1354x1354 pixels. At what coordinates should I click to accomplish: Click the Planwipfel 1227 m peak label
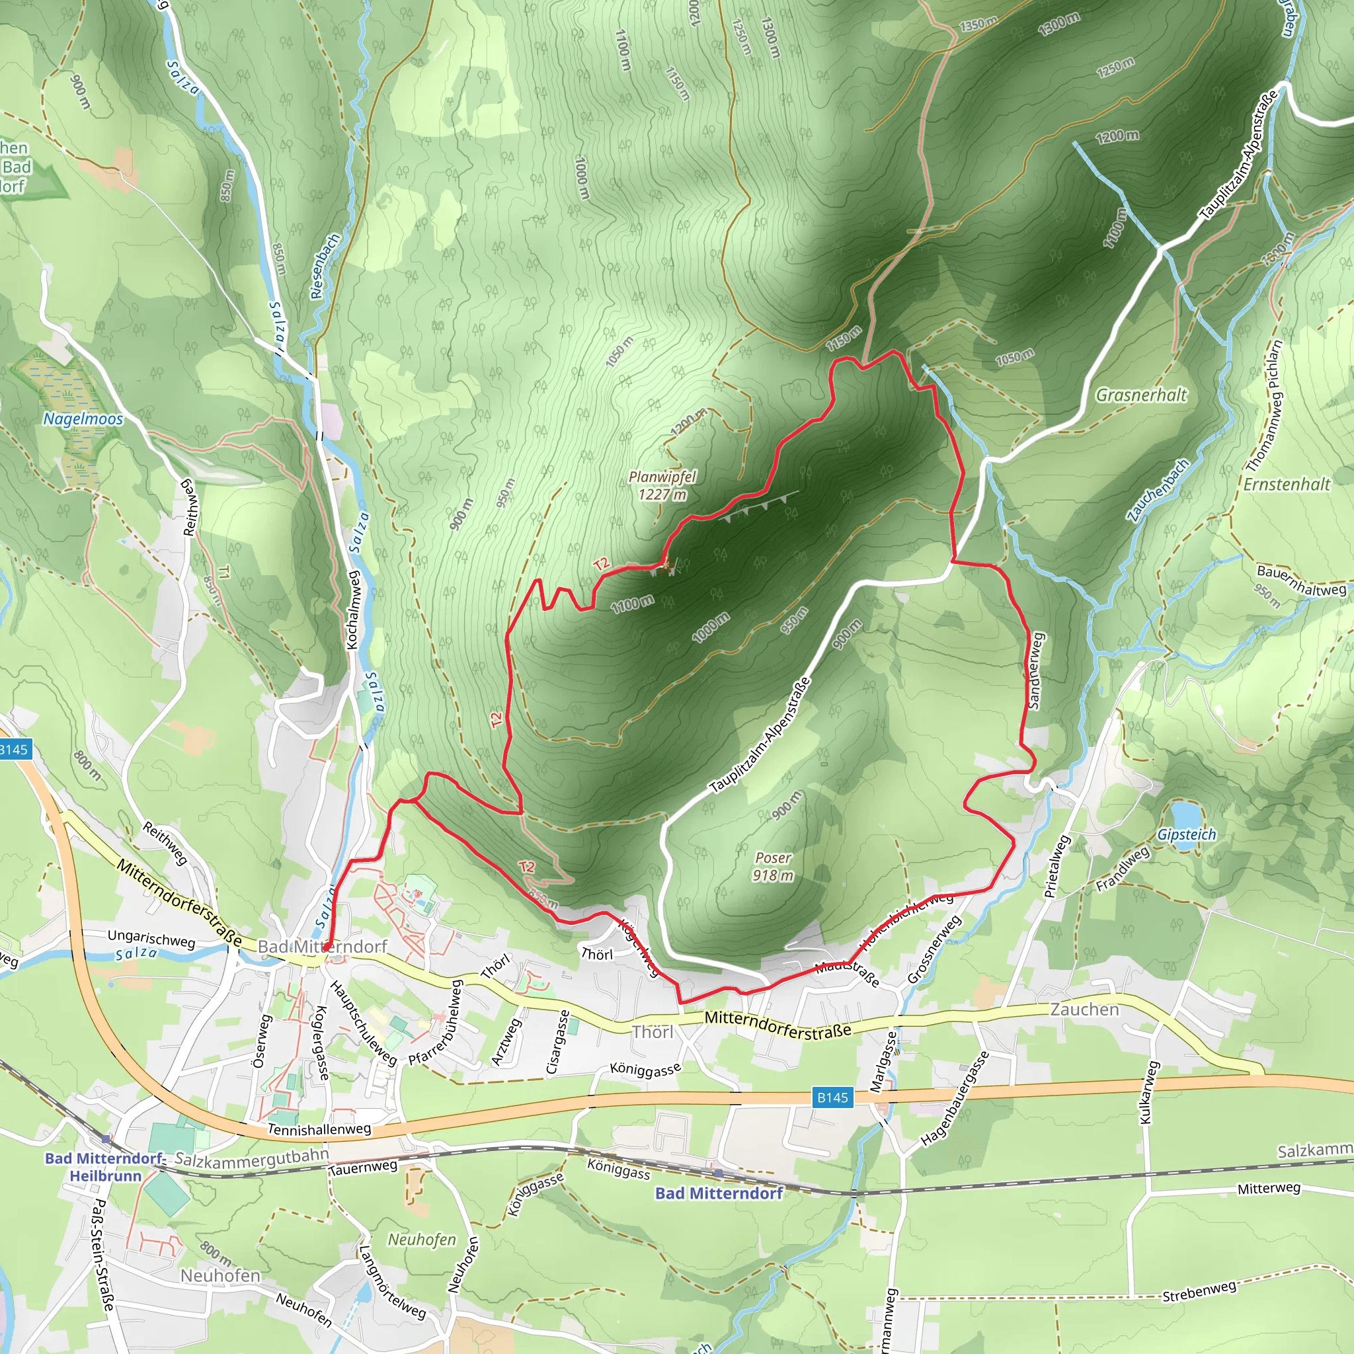tap(662, 485)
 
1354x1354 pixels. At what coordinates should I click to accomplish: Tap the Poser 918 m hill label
tap(773, 866)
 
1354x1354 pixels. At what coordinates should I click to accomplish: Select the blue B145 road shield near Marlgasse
tap(832, 1097)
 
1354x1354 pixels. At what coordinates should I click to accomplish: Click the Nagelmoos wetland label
tap(83, 418)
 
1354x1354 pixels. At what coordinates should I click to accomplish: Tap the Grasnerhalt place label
tap(1141, 395)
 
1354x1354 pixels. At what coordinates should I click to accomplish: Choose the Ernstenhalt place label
tap(1286, 484)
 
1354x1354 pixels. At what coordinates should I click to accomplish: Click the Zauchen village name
tap(1084, 1009)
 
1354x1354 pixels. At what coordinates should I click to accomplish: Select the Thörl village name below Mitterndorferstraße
tap(653, 1031)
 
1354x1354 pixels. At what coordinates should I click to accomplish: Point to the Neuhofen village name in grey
tap(220, 1275)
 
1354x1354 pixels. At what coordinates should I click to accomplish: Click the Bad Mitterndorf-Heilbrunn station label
tap(105, 1167)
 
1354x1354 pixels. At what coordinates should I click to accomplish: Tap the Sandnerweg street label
tap(1036, 670)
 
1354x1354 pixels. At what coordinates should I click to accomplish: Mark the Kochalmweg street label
tap(353, 610)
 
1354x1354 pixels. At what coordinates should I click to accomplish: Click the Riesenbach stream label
tap(325, 266)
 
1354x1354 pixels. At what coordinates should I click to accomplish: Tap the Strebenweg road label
tap(1199, 1291)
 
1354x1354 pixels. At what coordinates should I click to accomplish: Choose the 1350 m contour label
tap(978, 24)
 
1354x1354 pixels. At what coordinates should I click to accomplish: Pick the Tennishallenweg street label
tap(319, 1129)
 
